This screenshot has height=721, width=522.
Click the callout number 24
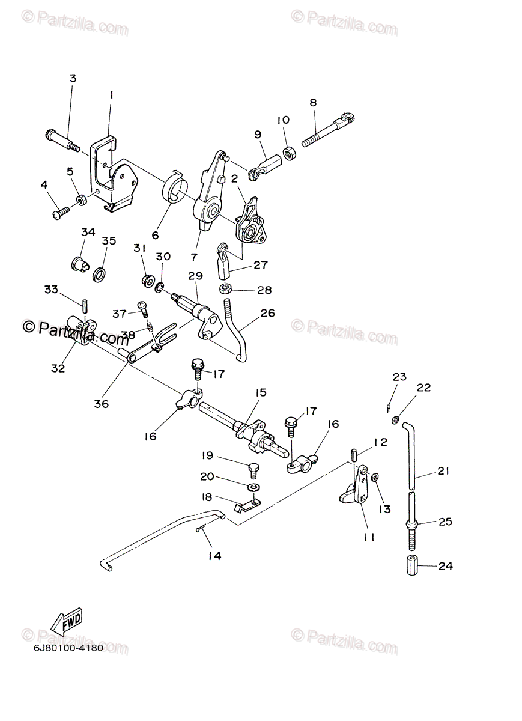(445, 566)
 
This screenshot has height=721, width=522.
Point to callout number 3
(73, 78)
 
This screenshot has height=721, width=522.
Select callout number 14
(214, 556)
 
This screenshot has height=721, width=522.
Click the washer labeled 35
(99, 275)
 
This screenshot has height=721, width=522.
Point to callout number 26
(267, 312)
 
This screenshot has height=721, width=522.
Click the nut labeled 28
(226, 288)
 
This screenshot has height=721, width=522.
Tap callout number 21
(443, 472)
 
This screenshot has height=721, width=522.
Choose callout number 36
(101, 404)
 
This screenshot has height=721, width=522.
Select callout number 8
(329, 102)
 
